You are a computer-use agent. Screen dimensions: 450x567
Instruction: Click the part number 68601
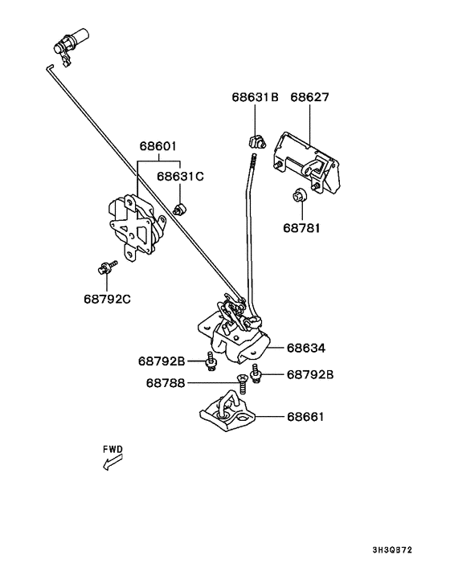pos(158,146)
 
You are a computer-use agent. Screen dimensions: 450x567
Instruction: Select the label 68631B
pos(255,97)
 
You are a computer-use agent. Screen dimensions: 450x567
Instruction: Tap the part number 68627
pos(309,97)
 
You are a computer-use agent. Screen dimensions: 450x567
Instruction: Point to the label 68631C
pos(180,176)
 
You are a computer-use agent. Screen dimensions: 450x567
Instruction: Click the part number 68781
pos(301,228)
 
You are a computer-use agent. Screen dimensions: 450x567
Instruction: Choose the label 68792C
pos(108,299)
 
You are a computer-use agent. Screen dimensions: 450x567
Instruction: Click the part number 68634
pos(306,348)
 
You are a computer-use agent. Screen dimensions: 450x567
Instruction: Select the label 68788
pos(166,383)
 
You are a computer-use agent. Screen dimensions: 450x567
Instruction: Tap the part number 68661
pos(305,417)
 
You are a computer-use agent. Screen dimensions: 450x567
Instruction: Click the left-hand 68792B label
pos(162,361)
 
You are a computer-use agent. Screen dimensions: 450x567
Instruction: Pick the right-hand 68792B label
pos(310,374)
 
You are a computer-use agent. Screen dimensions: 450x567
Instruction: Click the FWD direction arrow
pos(112,463)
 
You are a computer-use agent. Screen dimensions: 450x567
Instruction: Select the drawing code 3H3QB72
pos(392,550)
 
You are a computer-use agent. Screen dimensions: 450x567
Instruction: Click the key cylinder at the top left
pos(71,43)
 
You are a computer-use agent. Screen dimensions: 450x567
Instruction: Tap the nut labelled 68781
pos(300,196)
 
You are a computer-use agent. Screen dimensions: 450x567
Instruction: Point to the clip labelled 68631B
pos(256,141)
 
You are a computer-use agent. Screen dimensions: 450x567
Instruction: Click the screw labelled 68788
pos(243,385)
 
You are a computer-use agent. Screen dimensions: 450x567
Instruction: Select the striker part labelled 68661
pos(228,412)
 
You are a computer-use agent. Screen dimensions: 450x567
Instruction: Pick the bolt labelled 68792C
pos(107,267)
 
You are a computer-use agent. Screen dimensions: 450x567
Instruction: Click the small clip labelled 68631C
pos(179,209)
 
